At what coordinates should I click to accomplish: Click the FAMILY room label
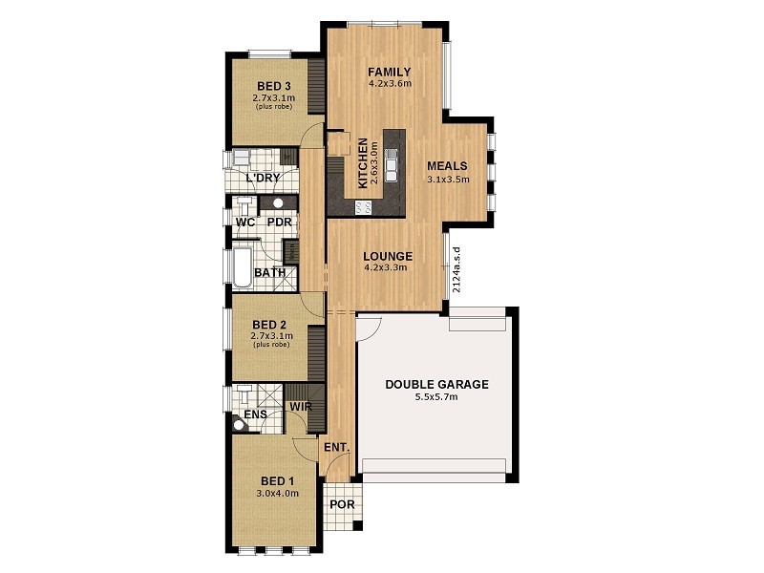click(x=389, y=72)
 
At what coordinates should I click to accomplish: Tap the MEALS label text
click(x=447, y=166)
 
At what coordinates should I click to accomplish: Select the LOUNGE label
click(x=388, y=256)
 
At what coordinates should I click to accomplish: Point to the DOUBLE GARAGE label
click(x=436, y=385)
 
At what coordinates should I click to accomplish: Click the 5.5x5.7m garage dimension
click(x=436, y=397)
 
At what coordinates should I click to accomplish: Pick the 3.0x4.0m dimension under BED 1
click(x=277, y=494)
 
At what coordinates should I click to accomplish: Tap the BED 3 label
click(x=273, y=86)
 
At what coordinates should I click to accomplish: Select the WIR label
click(x=302, y=407)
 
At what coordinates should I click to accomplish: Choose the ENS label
click(x=255, y=414)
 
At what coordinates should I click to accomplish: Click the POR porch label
click(x=341, y=504)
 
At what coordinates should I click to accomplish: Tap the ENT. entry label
click(x=336, y=447)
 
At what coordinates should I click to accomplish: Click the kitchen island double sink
click(x=392, y=167)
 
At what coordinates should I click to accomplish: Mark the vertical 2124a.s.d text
click(x=457, y=268)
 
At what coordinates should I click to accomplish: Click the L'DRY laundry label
click(x=262, y=179)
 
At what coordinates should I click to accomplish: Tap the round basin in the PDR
click(x=279, y=203)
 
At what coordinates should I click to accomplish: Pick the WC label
click(x=244, y=223)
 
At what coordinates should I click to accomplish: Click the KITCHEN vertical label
click(x=363, y=163)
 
